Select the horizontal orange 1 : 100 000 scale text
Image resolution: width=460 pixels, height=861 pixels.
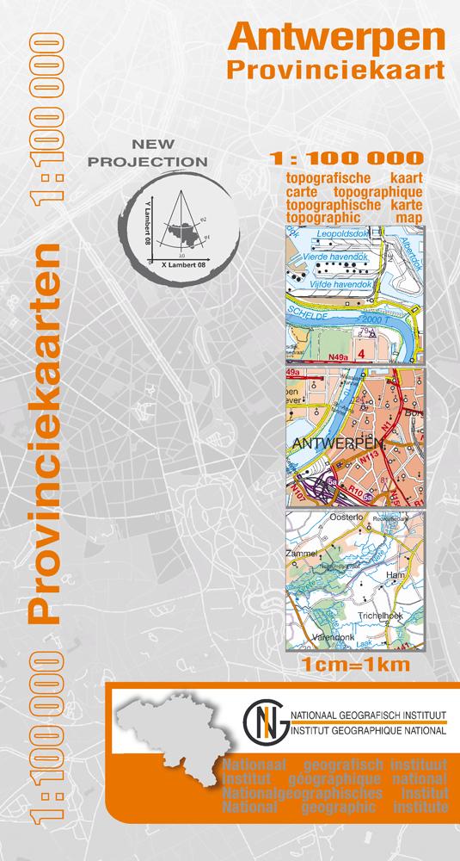coord(346,159)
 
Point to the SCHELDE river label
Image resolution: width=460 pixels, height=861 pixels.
coord(307,317)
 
